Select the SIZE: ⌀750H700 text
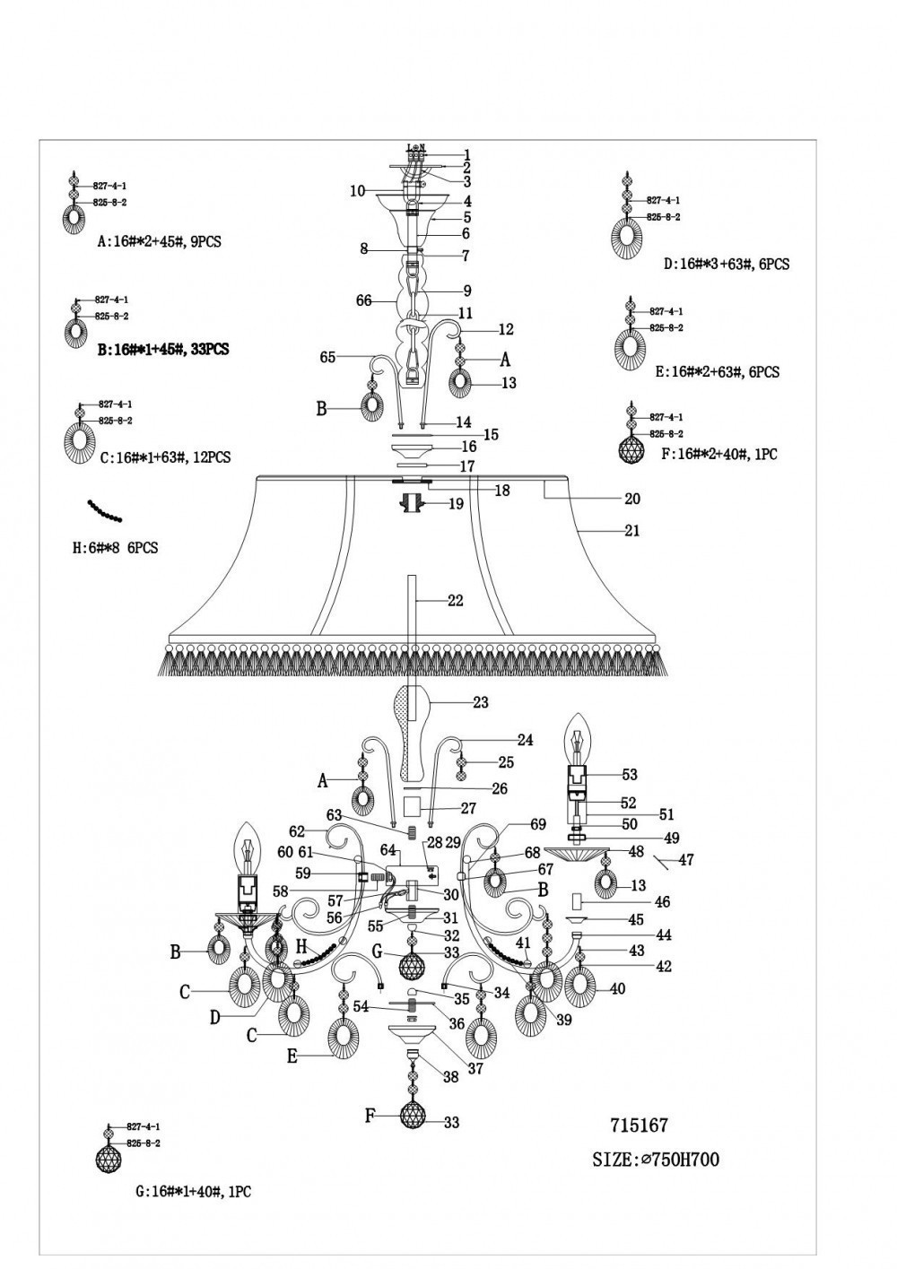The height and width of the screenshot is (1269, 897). click(x=656, y=1160)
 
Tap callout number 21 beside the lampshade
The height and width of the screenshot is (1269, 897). click(x=631, y=531)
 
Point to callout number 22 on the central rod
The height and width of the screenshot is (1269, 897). click(x=455, y=601)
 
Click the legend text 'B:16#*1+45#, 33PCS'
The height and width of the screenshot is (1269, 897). click(x=162, y=350)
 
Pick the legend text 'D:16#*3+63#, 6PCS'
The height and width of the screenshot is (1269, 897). click(x=727, y=265)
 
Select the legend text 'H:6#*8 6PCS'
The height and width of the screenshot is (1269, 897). click(x=115, y=547)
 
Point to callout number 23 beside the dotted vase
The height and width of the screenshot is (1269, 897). click(x=481, y=702)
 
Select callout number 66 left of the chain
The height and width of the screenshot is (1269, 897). click(x=363, y=301)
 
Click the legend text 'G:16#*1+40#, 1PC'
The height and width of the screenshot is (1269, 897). click(x=192, y=1193)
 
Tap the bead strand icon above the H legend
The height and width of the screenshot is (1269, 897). click(x=105, y=512)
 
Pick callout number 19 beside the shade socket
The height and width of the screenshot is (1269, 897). click(x=456, y=504)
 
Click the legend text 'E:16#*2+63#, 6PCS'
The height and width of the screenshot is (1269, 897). click(x=719, y=372)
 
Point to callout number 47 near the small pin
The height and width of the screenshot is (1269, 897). click(x=687, y=860)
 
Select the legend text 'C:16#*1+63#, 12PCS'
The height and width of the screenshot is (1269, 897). click(x=165, y=457)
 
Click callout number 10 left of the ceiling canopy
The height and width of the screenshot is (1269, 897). click(x=358, y=191)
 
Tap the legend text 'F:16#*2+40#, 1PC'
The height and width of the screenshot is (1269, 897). click(x=718, y=455)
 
